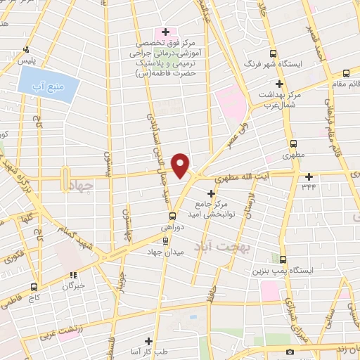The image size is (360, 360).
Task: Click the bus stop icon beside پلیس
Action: click(26, 49)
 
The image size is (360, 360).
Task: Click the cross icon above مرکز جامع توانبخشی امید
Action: click(210, 193)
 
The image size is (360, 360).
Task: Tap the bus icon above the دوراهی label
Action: click(172, 217)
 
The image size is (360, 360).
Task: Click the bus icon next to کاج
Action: click(34, 287)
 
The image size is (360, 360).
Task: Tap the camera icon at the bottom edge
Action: click(290, 352)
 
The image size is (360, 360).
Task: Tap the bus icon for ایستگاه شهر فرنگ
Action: click(273, 53)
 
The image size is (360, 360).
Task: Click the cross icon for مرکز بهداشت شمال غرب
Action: click(279, 84)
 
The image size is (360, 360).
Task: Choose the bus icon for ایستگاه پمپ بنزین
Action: click(283, 259)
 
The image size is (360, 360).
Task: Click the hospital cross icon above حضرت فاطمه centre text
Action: click(165, 32)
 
